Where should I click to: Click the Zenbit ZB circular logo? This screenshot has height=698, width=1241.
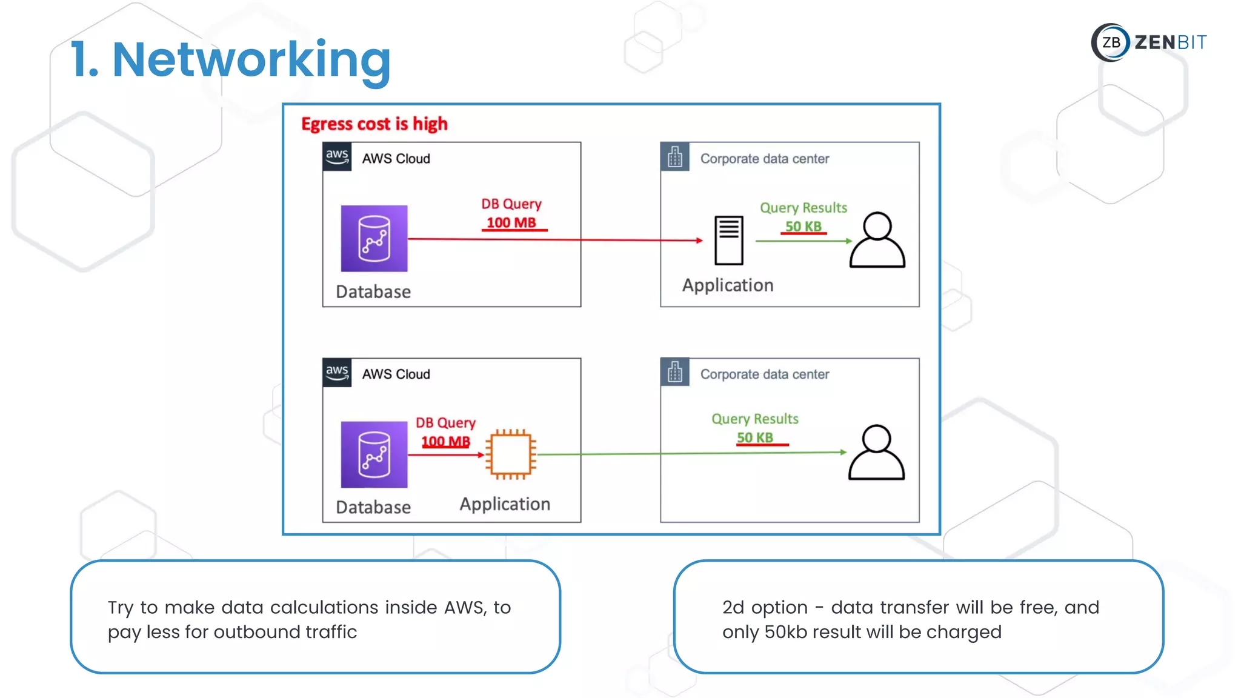click(1110, 42)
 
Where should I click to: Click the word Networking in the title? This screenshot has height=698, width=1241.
click(251, 60)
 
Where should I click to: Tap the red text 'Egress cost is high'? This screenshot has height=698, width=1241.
click(374, 124)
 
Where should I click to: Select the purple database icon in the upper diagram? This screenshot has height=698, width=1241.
click(374, 239)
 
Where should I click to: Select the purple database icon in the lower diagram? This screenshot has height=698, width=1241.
click(374, 454)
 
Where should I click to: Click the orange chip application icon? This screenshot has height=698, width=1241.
click(511, 454)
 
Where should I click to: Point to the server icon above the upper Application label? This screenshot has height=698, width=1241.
click(728, 240)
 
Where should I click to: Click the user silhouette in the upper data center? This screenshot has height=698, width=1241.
click(877, 240)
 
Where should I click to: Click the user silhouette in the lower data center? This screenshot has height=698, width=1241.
click(876, 453)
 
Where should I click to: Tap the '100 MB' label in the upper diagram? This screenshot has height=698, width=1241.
click(511, 223)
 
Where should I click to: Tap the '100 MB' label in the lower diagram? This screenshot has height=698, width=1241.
click(445, 442)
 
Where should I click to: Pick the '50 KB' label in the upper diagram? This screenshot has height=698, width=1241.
click(803, 227)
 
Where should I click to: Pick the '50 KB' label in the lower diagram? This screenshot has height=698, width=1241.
click(755, 437)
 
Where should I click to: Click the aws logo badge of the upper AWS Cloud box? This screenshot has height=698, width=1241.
click(337, 157)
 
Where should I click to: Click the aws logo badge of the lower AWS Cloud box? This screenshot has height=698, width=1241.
click(337, 373)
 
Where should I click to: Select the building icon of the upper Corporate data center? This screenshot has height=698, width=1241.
click(674, 157)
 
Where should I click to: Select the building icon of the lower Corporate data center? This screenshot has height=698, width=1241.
click(674, 373)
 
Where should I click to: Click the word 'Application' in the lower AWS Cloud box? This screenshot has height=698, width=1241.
click(505, 504)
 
